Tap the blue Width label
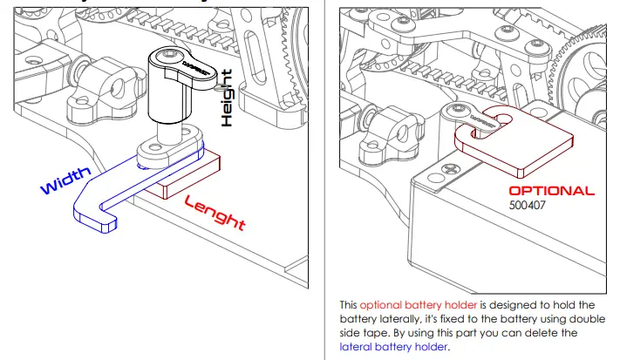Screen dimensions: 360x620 65,180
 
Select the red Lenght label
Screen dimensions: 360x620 214,212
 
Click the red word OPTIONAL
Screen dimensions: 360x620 551,191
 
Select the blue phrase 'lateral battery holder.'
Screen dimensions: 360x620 393,346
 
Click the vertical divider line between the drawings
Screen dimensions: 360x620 324,174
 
